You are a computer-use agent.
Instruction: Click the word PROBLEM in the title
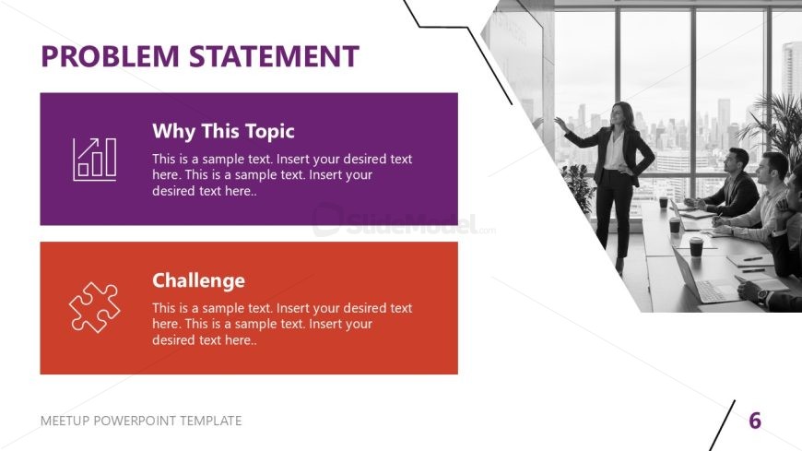point(110,56)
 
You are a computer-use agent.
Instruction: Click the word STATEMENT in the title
point(274,56)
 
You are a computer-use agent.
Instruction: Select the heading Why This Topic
point(223,132)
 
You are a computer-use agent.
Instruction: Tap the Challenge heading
point(198,280)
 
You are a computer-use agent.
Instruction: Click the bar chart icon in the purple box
point(95,160)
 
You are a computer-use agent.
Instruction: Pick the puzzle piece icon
point(95,307)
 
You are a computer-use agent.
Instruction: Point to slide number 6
point(755,421)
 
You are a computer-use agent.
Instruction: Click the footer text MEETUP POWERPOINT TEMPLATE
point(141,421)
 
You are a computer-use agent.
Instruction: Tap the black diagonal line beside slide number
point(722,425)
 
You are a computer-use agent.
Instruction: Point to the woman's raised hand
point(560,124)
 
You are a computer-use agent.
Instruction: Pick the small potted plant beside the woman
point(579,188)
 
